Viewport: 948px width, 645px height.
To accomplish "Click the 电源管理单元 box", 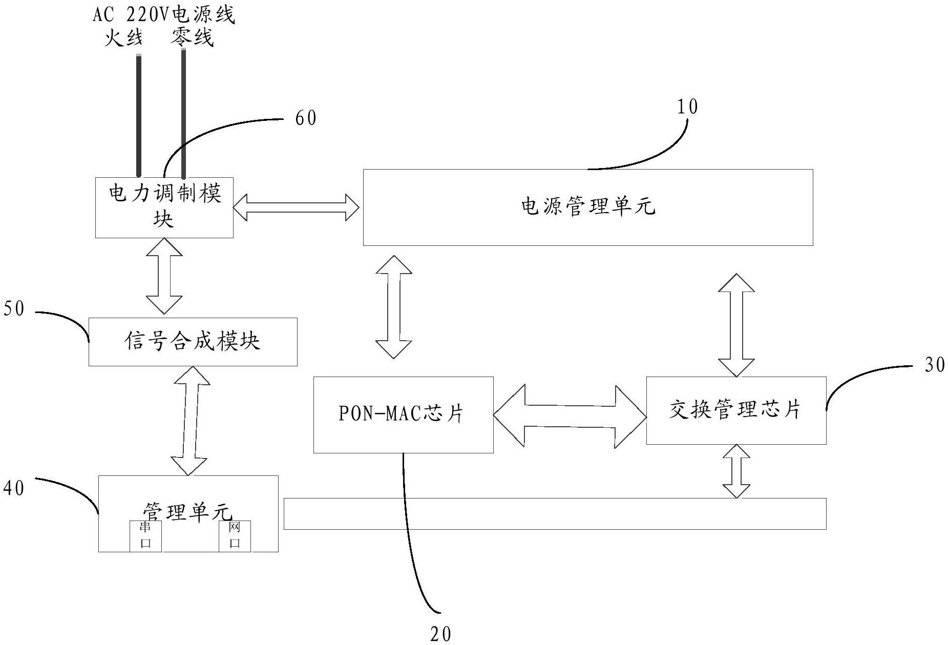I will point(587,207).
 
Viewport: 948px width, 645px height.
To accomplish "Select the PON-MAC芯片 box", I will point(403,414).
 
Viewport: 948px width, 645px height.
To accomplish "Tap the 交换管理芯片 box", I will point(735,410).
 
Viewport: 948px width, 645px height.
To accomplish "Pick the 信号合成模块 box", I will point(193,342).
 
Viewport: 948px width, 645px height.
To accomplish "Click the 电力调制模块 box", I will point(164,207).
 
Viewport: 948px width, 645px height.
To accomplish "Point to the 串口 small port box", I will point(145,536).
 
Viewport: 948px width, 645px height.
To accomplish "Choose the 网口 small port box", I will point(235,536).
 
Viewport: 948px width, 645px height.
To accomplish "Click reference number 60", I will point(306,118).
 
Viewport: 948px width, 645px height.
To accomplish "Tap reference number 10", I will point(687,107).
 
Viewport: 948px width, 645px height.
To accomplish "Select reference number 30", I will point(935,365).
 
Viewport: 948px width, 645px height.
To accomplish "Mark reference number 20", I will point(440,634).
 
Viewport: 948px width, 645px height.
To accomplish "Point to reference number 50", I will point(14,309).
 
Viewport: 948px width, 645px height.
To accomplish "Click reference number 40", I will point(14,488).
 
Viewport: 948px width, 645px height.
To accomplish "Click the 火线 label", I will point(123,37).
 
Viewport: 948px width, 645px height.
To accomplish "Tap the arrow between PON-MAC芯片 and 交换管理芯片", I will point(570,415).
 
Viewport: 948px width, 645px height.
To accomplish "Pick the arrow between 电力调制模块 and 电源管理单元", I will point(297,207).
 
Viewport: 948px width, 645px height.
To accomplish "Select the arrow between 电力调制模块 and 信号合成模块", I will point(164,276).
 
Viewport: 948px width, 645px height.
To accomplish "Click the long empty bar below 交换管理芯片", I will point(555,513).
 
